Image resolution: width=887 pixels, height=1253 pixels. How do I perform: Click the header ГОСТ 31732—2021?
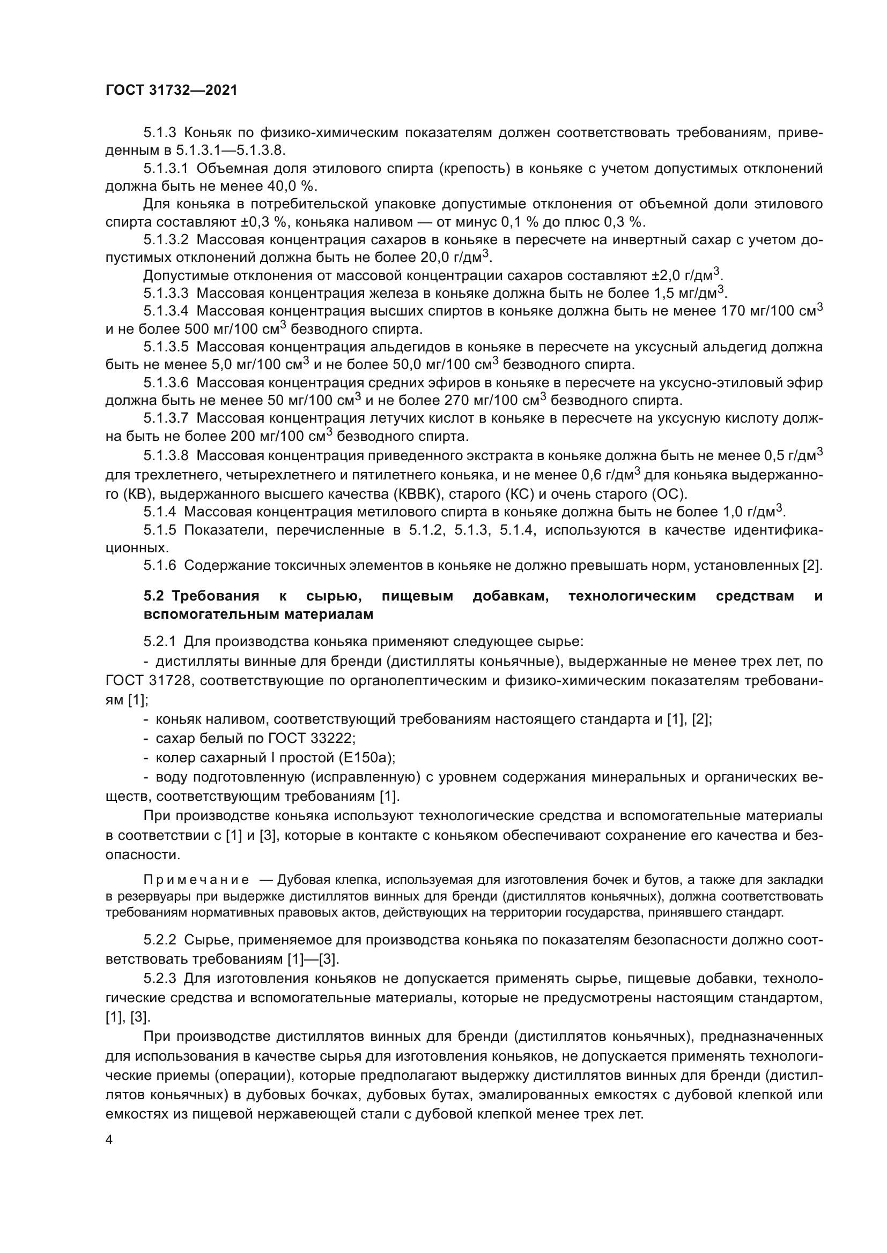point(172,91)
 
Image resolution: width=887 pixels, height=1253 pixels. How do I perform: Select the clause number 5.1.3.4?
point(166,311)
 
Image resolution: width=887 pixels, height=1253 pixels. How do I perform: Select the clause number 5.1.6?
point(160,565)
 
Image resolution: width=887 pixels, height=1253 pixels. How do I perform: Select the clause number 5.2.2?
point(160,940)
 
